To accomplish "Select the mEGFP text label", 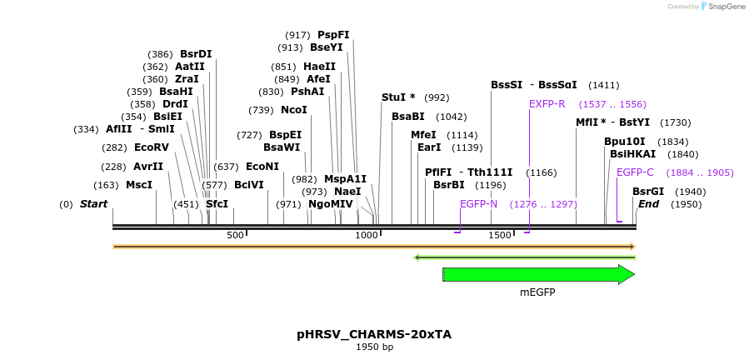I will point(537,292).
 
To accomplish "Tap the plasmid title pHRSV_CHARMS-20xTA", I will point(374,334).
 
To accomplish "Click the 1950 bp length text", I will point(374,347).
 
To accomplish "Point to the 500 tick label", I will point(235,235).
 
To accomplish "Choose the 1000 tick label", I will point(367,235).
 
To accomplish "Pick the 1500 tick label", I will point(500,235).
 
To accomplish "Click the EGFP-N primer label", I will point(478,204).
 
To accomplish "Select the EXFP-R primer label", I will point(547,104).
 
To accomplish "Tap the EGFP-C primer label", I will point(635,172).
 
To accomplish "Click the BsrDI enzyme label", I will point(196,54).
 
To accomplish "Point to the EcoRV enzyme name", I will point(151,147).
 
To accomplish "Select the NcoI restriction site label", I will point(293,110).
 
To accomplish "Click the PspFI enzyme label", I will point(333,35).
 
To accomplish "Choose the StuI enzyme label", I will point(397,97).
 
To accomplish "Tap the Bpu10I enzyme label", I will point(624,142).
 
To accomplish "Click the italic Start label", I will point(93,204).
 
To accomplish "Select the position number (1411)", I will point(603,85).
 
